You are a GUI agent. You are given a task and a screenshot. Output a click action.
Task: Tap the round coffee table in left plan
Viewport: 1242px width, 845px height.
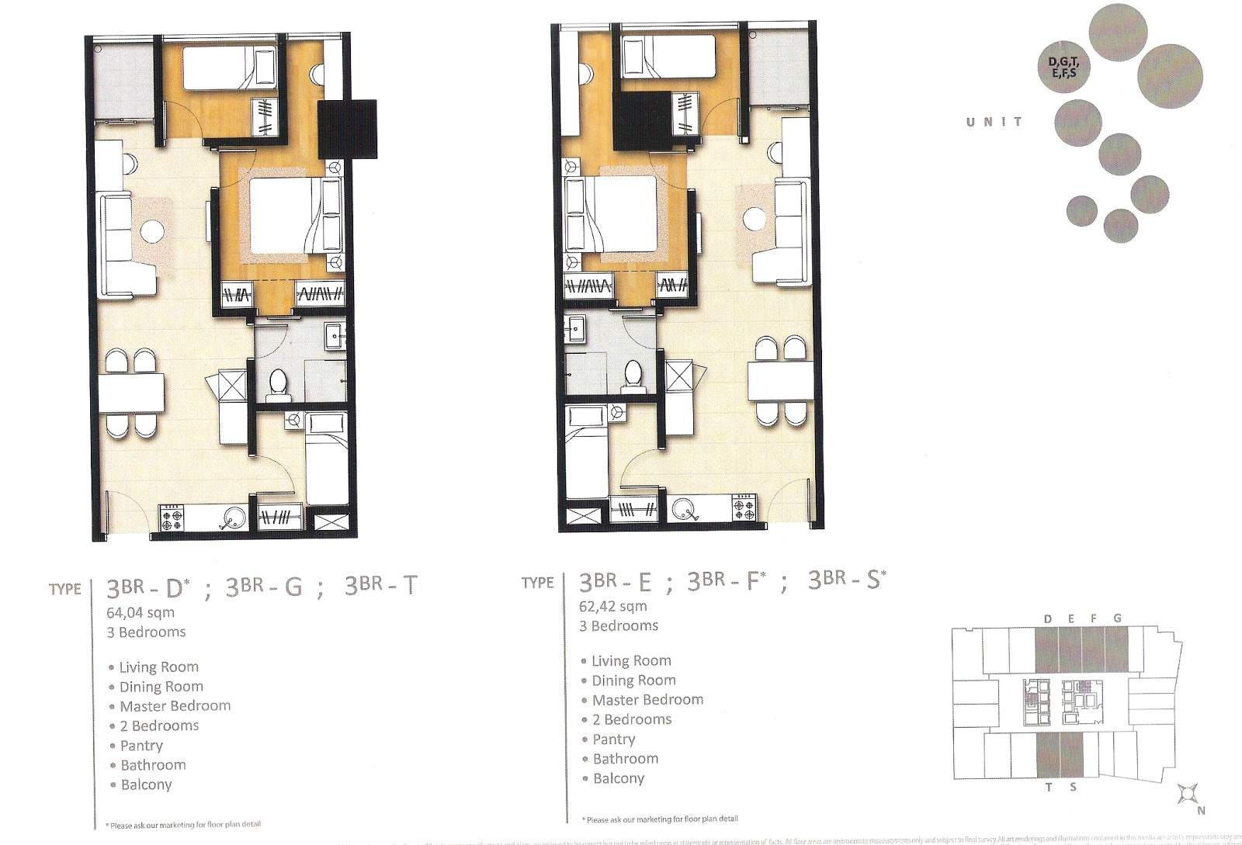pyautogui.click(x=153, y=231)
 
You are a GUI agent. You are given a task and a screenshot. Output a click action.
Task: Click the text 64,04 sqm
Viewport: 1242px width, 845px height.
pyautogui.click(x=141, y=613)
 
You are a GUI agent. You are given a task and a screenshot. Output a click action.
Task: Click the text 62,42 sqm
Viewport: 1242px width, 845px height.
pyautogui.click(x=613, y=607)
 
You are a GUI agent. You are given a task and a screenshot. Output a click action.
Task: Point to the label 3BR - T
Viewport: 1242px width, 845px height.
pyautogui.click(x=380, y=587)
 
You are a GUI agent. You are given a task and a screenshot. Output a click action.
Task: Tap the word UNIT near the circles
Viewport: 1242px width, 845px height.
pyautogui.click(x=994, y=122)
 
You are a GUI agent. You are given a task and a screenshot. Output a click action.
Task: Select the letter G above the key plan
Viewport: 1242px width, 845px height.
pyautogui.click(x=1116, y=618)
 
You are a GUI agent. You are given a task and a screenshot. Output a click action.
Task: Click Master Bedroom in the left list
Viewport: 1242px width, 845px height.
pyautogui.click(x=175, y=706)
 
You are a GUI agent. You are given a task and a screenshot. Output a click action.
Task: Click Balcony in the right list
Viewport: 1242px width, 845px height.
pyautogui.click(x=619, y=778)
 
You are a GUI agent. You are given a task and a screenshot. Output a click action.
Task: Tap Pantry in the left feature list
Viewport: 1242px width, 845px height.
pyautogui.click(x=141, y=746)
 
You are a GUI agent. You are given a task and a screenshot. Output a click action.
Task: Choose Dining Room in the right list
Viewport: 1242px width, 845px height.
pyautogui.click(x=633, y=681)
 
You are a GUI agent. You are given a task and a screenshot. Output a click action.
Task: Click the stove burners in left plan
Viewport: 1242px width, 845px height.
pyautogui.click(x=173, y=518)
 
